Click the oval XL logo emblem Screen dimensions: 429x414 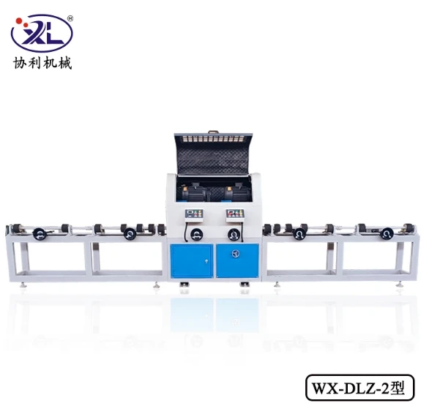42,34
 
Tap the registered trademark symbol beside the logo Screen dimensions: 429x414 70,18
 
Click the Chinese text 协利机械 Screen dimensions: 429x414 42,63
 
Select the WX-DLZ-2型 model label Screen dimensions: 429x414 359,388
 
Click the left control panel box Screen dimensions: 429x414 194,214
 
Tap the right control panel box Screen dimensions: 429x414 235,214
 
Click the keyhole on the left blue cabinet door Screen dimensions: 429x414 206,260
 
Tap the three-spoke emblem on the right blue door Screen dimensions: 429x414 236,253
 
